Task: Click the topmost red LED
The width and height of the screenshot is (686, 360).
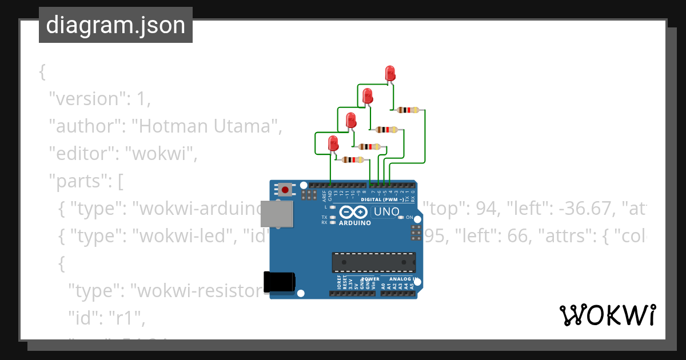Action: [x=390, y=73]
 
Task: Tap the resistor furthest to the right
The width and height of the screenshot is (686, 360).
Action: [x=408, y=110]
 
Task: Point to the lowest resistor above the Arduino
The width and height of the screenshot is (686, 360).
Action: [x=352, y=160]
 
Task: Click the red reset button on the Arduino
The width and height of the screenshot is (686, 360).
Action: [x=285, y=189]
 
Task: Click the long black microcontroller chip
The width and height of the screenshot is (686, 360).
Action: [x=374, y=262]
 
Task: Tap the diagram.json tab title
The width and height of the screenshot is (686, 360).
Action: [x=115, y=25]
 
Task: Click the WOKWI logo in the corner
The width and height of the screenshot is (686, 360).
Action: [x=607, y=315]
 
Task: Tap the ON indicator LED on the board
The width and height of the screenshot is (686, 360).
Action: [x=401, y=218]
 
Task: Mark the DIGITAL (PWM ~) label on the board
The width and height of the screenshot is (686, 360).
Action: [x=381, y=200]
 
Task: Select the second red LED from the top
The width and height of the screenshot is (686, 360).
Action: [x=368, y=95]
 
